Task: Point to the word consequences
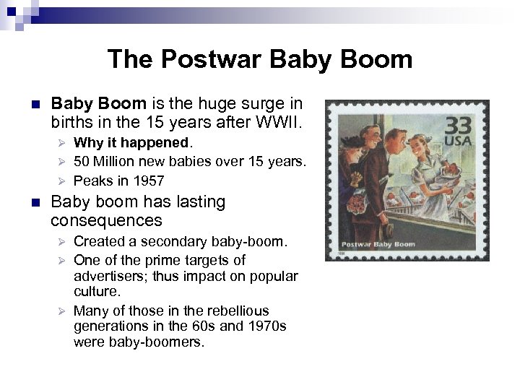[107, 220]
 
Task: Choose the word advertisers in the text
[108, 277]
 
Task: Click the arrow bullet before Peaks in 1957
[63, 181]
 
